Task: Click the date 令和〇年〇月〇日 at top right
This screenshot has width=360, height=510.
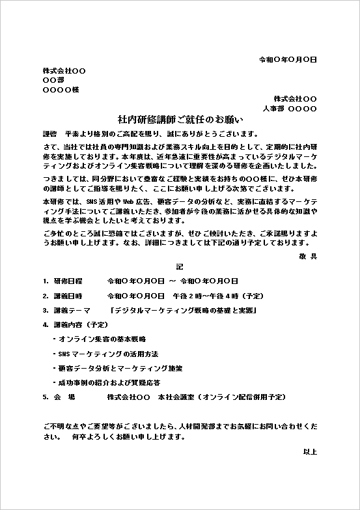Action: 288,59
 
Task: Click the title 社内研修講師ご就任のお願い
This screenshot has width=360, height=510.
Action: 180,119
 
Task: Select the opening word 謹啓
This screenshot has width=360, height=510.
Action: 49,132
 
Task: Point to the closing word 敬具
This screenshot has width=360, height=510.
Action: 308,257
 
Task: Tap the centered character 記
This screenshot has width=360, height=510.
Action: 180,267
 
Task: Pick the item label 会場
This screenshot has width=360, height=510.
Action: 64,396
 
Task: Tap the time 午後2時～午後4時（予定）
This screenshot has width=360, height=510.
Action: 218,296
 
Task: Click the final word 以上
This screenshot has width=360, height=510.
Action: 309,451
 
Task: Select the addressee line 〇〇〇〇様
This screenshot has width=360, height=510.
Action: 61,90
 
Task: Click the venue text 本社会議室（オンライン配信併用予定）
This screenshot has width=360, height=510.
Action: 221,396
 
